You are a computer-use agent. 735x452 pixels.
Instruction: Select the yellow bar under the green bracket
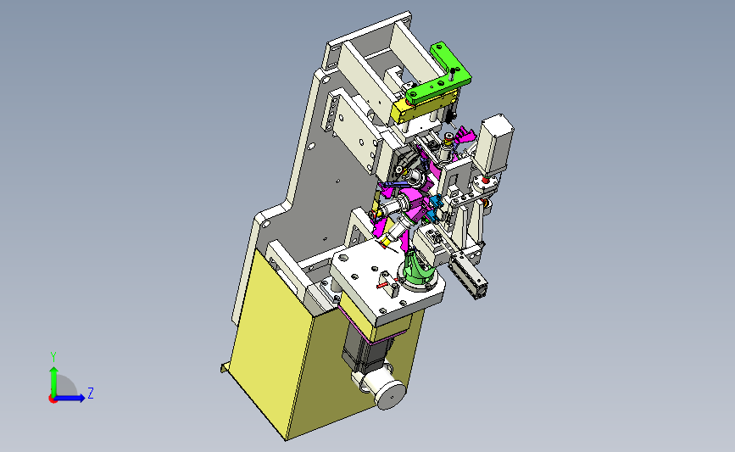coord(424,108)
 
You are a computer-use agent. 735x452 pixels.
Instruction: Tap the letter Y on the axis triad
coord(53,357)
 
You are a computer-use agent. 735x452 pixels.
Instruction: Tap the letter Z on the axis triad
coord(91,393)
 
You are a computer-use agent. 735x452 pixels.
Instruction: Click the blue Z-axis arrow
coord(70,398)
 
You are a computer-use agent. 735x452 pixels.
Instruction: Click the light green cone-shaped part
coord(417,269)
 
